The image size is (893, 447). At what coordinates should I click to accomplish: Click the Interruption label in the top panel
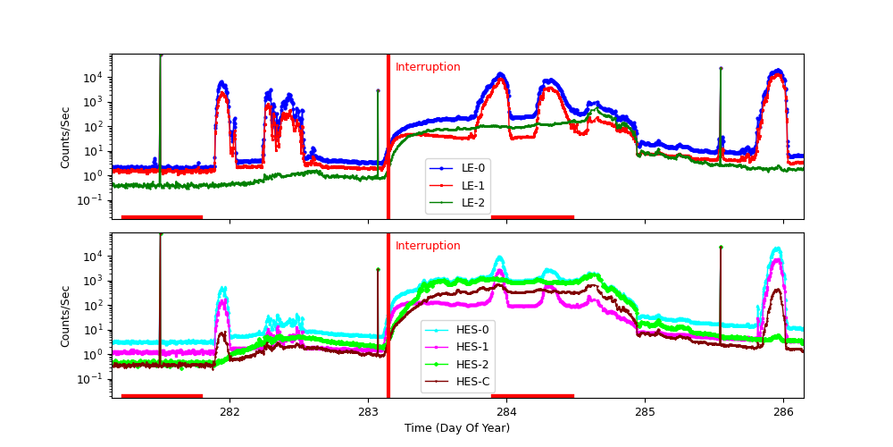(x=428, y=67)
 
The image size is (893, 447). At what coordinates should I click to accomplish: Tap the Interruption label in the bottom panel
(x=428, y=246)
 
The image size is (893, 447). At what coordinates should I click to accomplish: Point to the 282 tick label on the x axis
(x=230, y=412)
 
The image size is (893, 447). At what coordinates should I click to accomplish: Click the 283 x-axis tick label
(x=368, y=412)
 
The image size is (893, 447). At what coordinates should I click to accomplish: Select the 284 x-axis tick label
(x=506, y=412)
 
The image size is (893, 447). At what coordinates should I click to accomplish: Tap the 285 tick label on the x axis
(x=645, y=412)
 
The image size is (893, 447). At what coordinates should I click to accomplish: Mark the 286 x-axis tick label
(x=783, y=412)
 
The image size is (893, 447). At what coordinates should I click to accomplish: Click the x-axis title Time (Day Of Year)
(x=457, y=428)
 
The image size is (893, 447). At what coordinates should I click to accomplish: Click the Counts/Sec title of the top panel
(x=65, y=137)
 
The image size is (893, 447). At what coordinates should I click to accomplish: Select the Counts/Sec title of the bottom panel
(x=65, y=316)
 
